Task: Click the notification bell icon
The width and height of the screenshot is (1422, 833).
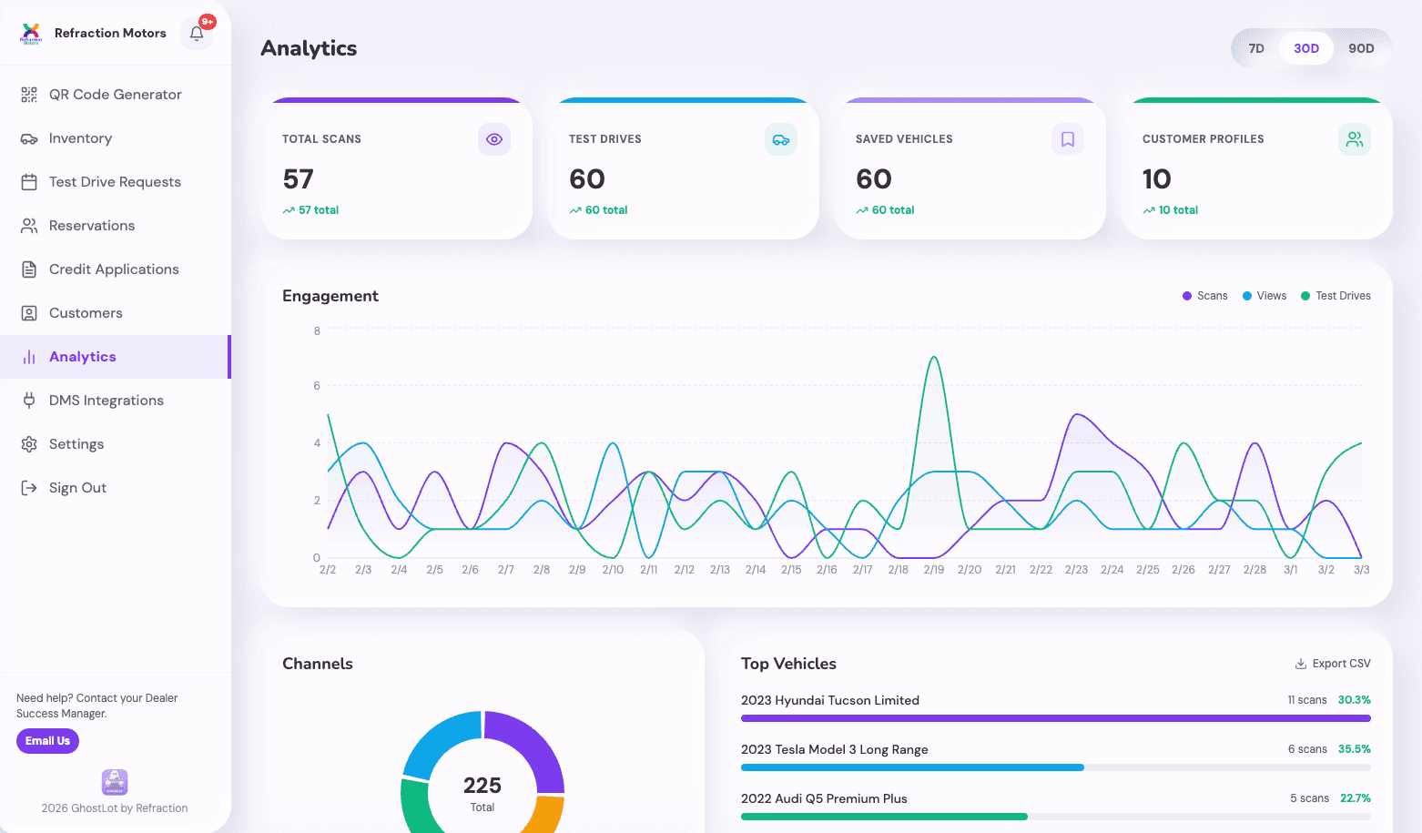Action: point(197,34)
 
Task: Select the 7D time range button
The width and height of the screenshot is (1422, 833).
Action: point(1256,48)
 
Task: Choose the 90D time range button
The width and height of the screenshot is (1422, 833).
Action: point(1361,48)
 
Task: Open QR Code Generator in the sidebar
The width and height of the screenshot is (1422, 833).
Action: point(115,95)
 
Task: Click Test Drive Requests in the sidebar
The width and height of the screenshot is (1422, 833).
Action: point(115,182)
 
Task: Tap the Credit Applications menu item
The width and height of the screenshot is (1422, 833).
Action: point(114,269)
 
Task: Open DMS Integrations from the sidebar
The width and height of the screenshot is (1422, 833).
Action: point(106,401)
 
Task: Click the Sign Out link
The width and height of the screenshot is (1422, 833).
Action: point(77,488)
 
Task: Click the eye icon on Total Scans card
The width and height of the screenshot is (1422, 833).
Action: point(494,139)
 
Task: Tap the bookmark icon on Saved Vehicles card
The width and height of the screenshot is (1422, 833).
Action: point(1068,139)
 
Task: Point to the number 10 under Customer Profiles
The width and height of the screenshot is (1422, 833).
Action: point(1157,179)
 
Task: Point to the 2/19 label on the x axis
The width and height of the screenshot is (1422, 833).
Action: point(934,570)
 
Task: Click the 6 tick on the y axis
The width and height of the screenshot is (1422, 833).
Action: point(317,386)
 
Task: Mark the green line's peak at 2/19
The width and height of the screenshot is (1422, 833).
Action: point(934,357)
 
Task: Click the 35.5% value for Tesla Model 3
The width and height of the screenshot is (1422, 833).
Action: point(1354,749)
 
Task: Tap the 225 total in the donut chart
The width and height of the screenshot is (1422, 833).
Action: point(482,786)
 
